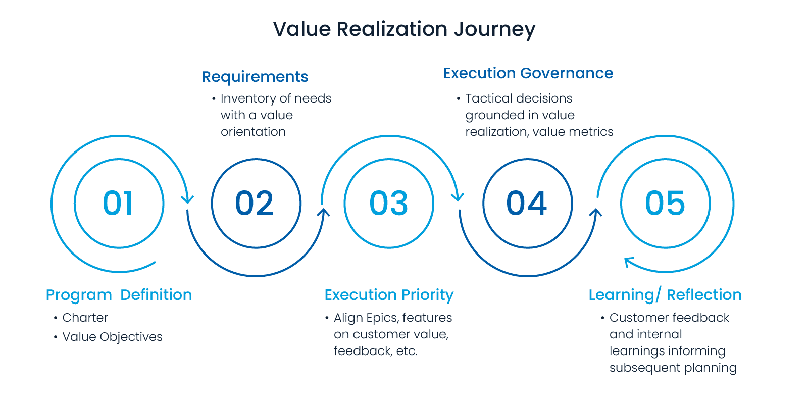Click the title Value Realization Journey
tap(404, 29)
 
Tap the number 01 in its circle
tap(119, 204)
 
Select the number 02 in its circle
tap(255, 204)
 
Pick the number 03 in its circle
tap(388, 204)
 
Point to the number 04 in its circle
tap(527, 204)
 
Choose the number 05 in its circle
tap(665, 204)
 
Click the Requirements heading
tap(255, 77)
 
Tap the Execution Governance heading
tap(528, 73)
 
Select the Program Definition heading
tap(119, 295)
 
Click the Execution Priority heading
tap(389, 295)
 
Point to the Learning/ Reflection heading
tap(665, 295)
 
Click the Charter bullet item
tap(85, 318)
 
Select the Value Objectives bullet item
tap(112, 337)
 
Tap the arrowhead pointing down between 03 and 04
tap(458, 197)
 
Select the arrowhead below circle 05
tap(628, 262)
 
